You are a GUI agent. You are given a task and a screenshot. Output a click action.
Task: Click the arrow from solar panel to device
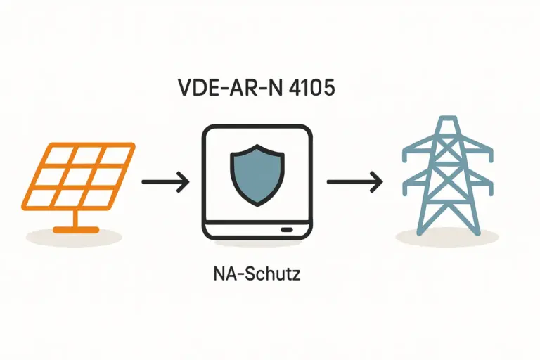(x=165, y=182)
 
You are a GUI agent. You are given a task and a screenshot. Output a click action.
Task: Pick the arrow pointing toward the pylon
(x=354, y=182)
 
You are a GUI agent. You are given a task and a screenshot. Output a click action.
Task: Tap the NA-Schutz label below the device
(x=256, y=274)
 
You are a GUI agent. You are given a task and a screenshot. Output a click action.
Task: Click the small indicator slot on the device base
(x=287, y=229)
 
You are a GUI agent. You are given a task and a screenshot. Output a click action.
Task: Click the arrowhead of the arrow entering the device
(x=184, y=182)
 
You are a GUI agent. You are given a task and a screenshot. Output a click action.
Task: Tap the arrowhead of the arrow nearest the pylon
(x=378, y=182)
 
